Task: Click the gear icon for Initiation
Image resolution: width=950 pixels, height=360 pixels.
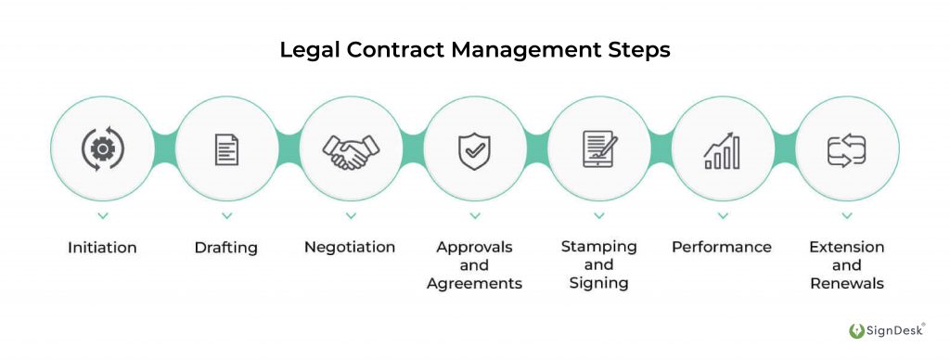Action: pos(102,148)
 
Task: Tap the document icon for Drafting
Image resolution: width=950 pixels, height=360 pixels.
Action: pos(226,148)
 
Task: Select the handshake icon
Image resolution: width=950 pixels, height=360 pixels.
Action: pos(351,149)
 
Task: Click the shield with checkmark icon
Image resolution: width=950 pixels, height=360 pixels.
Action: pos(474,149)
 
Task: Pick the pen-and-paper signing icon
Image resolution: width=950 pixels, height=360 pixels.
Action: pos(598,148)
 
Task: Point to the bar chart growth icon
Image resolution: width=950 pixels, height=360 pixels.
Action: pos(722,149)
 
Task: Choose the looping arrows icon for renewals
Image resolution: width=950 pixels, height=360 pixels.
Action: pos(846,148)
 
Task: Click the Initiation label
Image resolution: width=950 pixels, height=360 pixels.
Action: pos(102,248)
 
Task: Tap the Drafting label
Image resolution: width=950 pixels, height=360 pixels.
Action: pos(226,248)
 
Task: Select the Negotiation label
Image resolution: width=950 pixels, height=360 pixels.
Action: pos(350,248)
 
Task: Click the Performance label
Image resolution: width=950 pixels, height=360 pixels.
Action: pos(722,248)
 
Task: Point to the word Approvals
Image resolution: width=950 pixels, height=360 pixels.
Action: pos(474,248)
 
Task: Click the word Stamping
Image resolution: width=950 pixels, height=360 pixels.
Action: pos(598,247)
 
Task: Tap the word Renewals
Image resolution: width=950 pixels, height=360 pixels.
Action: pos(846,283)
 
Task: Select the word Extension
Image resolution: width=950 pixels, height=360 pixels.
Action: pos(846,248)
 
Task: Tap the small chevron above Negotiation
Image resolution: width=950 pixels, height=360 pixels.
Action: pos(351,216)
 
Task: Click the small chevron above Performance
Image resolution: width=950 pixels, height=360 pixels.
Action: pos(722,216)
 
